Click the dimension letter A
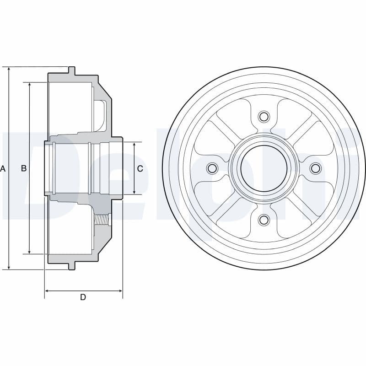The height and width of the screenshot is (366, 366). click(3, 168)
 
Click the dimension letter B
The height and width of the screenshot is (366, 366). click(24, 168)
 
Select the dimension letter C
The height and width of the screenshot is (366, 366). click(140, 168)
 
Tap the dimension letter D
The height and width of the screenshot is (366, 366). click(83, 297)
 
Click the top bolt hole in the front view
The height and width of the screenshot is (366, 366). click(264, 116)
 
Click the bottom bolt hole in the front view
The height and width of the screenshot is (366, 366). click(264, 220)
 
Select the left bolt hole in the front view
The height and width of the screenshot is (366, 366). click(212, 168)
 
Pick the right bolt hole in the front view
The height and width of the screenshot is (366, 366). click(315, 168)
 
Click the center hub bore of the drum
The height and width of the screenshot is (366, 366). click(264, 168)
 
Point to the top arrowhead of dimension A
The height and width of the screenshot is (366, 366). click(9, 69)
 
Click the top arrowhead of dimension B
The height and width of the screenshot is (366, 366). click(30, 85)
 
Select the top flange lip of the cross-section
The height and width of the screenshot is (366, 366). click(72, 71)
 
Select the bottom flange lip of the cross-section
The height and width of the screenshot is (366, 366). click(72, 266)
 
